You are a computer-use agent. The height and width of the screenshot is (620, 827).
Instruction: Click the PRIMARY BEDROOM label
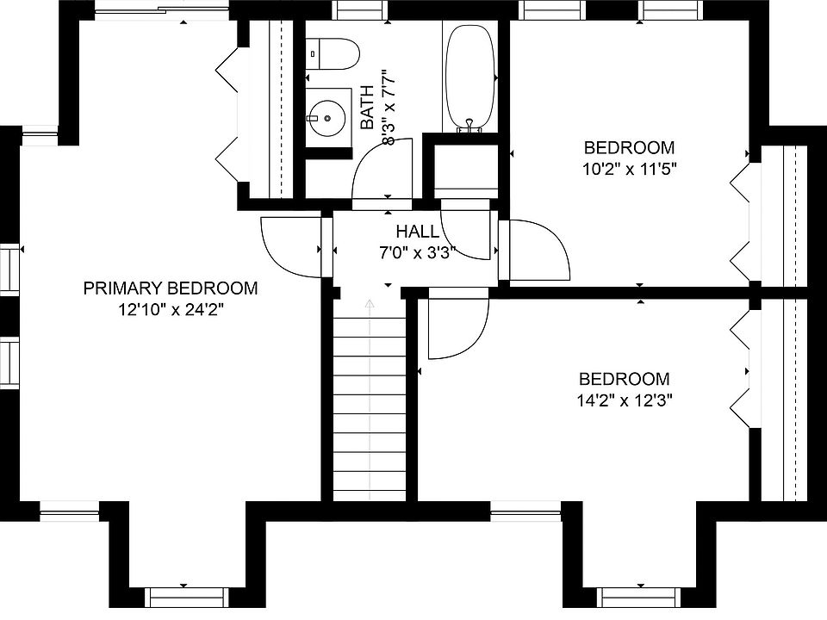(171, 288)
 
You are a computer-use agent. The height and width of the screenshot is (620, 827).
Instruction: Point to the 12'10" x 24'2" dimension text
(171, 310)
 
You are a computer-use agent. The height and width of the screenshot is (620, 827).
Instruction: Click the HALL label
(418, 232)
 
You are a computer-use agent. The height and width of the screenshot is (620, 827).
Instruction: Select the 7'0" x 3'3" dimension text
(418, 253)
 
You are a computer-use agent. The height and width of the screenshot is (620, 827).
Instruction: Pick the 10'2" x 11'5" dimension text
(629, 169)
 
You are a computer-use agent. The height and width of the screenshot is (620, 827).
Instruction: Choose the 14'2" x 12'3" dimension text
(625, 400)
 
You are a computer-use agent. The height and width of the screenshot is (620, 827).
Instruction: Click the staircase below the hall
(369, 405)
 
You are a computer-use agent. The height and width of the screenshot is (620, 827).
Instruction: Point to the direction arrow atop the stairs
(370, 304)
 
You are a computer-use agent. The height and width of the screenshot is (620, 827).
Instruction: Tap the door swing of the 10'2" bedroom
(539, 250)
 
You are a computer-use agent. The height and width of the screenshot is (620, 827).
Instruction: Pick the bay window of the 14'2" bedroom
(637, 594)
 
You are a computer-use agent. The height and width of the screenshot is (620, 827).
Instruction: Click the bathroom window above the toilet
(359, 9)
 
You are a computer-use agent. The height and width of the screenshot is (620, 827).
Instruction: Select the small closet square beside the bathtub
(466, 167)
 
